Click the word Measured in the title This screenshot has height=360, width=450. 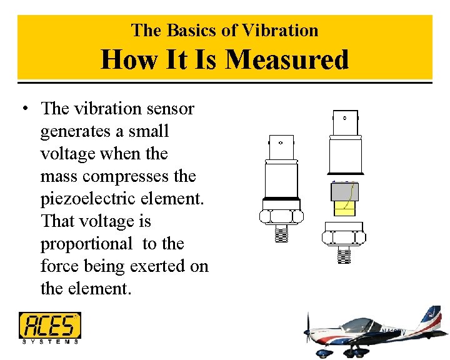click(287, 60)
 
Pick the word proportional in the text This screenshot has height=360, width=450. click(86, 244)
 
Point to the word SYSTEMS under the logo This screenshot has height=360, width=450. click(50, 341)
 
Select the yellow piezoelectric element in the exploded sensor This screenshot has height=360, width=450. click(344, 208)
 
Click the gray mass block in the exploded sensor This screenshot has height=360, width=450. click(344, 191)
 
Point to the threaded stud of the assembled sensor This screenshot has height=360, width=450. click(281, 234)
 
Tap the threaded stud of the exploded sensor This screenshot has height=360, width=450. click(343, 255)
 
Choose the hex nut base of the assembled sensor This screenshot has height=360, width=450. click(281, 216)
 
